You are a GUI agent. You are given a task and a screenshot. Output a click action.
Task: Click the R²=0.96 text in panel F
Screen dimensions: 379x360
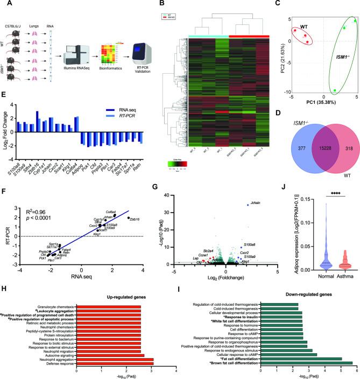(26, 206)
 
